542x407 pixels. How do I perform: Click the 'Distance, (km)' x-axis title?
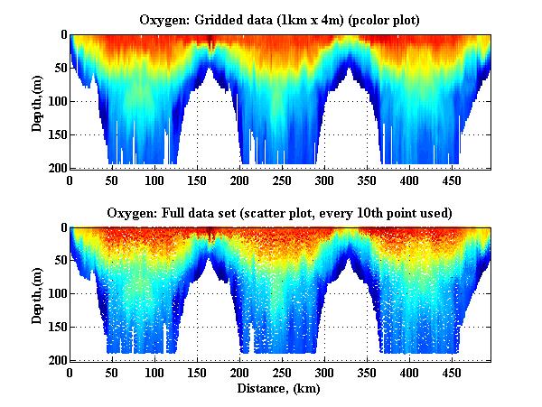tap(281, 389)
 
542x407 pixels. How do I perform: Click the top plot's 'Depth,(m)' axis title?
tap(37, 101)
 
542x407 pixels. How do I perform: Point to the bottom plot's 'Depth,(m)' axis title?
tap(37, 293)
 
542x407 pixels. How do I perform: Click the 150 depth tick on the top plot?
tap(56, 134)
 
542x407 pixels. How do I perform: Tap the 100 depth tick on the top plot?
tap(56, 101)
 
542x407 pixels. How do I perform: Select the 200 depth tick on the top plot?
tap(56, 168)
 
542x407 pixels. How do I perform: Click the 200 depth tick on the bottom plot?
tap(56, 360)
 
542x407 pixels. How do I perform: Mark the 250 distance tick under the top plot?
tap(239, 180)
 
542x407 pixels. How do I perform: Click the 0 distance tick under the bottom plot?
tap(70, 372)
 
